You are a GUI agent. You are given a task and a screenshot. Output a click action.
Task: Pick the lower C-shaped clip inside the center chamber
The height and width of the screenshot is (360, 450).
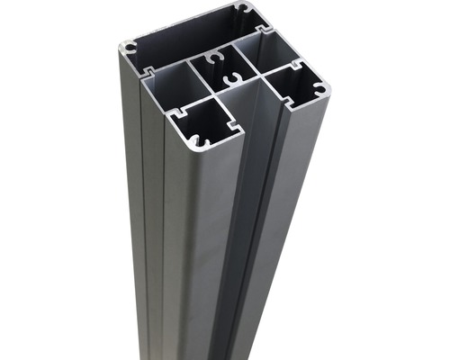(229, 82)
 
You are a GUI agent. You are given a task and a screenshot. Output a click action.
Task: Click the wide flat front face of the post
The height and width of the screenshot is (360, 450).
(202, 252)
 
